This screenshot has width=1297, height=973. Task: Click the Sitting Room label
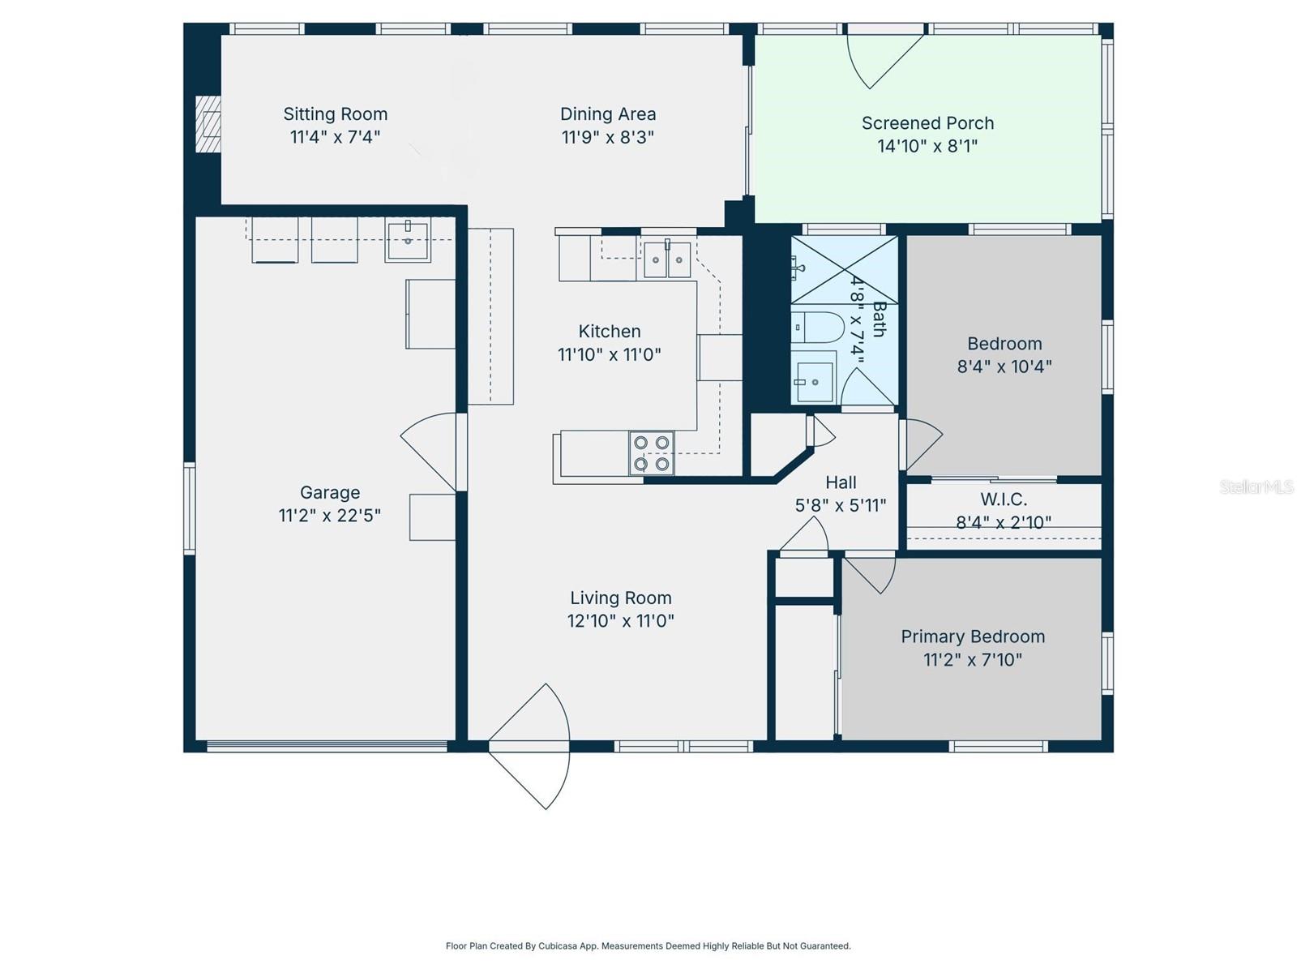click(x=335, y=114)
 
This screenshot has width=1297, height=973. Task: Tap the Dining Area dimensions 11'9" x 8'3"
click(x=607, y=137)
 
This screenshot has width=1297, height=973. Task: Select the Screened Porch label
click(x=927, y=123)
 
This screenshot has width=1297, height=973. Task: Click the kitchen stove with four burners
click(x=652, y=453)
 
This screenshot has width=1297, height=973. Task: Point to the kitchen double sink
click(x=666, y=259)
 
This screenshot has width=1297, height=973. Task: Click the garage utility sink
click(x=408, y=240)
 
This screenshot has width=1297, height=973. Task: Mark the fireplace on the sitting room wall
click(x=208, y=123)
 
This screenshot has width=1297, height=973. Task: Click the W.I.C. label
click(x=1004, y=499)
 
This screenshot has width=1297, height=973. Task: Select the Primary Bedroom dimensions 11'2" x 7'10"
click(x=973, y=660)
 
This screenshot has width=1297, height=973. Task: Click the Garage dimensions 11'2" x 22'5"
click(x=329, y=516)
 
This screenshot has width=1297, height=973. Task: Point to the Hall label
click(x=841, y=482)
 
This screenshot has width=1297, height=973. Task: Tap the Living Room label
click(x=620, y=598)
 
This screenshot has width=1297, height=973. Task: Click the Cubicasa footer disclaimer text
click(x=648, y=945)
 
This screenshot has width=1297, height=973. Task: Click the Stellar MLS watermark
click(x=1256, y=486)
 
